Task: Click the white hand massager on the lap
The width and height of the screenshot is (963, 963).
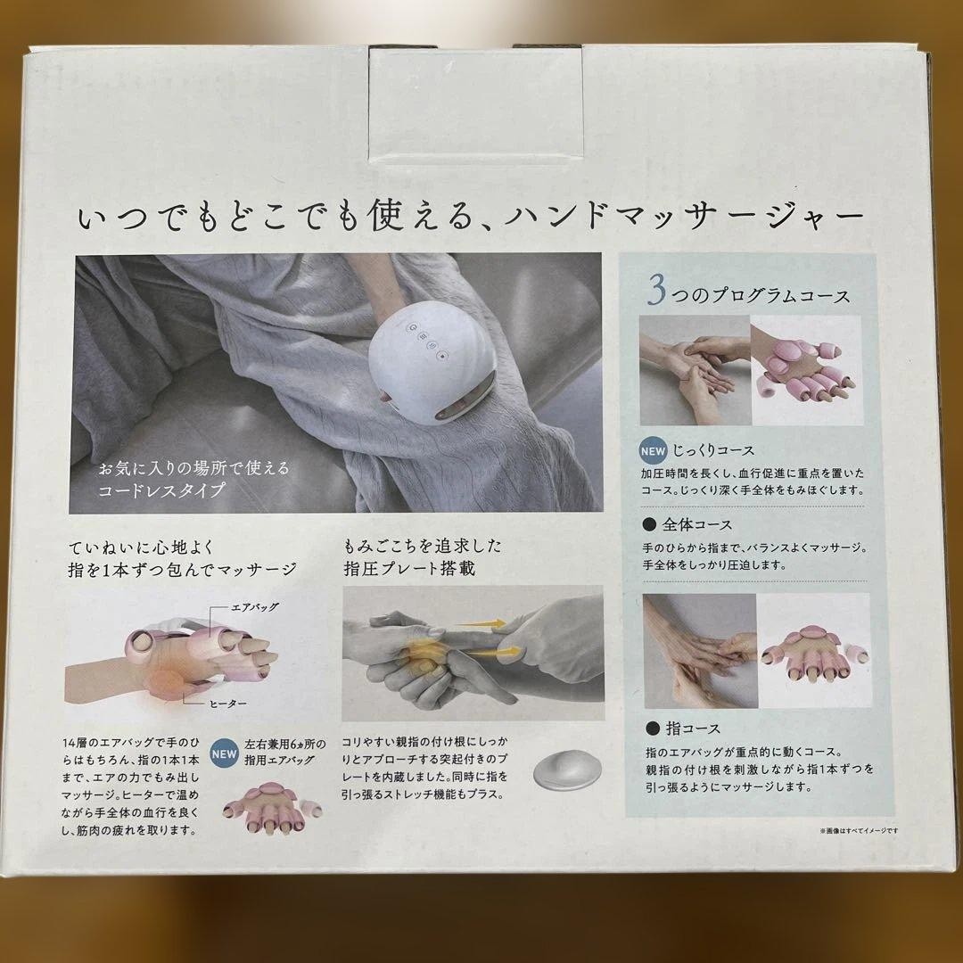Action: tap(433, 363)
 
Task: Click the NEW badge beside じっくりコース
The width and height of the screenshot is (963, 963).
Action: tap(653, 451)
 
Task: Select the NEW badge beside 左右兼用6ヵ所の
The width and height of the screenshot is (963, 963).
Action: tap(224, 754)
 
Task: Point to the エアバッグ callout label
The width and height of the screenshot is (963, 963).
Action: tap(254, 607)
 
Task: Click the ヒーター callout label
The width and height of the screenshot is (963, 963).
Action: tap(228, 704)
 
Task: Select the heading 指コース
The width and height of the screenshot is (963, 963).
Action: tap(693, 728)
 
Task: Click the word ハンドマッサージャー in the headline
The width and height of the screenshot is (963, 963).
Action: tap(684, 216)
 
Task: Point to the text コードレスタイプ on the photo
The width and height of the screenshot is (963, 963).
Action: tap(161, 490)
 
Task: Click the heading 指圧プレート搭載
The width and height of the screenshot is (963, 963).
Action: tap(409, 568)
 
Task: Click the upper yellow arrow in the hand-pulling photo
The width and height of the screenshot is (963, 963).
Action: tap(481, 624)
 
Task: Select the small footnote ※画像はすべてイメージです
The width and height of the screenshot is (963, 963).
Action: tap(859, 830)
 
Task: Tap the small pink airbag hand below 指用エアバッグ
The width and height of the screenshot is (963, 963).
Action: tap(271, 808)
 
